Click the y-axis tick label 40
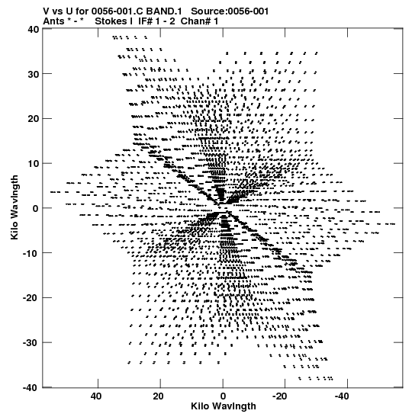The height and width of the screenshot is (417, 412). (33, 29)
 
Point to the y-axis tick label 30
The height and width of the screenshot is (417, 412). (33, 74)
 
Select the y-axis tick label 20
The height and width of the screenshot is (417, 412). (33, 119)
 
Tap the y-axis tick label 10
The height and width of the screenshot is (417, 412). (33, 164)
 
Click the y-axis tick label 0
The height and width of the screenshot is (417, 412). (36, 209)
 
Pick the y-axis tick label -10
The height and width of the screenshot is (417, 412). (31, 253)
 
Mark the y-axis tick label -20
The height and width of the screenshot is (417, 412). (31, 298)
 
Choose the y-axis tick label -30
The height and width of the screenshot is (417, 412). (31, 343)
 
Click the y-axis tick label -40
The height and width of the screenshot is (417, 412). (31, 388)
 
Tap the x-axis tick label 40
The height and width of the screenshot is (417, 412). (96, 396)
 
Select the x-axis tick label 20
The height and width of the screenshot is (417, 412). (159, 396)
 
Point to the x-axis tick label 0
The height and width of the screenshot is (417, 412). (223, 396)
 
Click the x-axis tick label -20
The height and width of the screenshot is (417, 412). (280, 396)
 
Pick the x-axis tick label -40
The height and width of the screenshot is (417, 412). (342, 396)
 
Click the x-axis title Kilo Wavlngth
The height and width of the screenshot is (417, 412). (224, 406)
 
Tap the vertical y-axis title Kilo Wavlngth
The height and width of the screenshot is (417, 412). (14, 207)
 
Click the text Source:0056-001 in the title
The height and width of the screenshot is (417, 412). (230, 11)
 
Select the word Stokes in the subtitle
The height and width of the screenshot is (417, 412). (114, 21)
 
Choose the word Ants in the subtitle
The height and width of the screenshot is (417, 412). (53, 21)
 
